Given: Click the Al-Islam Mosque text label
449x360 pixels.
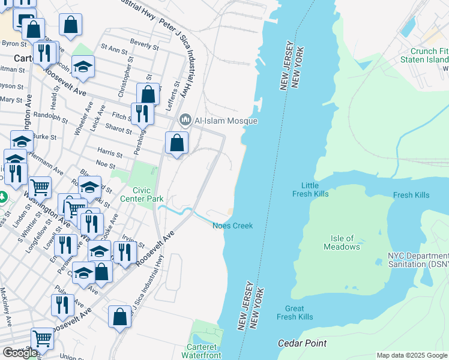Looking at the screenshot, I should coord(225,121).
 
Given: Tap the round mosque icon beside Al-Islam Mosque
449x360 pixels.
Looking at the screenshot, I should coord(185,121).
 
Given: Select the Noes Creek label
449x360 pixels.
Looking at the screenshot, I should coord(232,226).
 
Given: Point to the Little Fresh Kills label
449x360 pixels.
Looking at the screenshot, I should coord(310,190).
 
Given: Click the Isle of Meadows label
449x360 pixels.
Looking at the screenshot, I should coord(342,242).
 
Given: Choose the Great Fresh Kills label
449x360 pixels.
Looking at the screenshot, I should coord(295,312).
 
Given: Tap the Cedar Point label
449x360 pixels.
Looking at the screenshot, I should coord(302,343).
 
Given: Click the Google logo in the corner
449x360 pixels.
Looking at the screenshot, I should coord(20,353).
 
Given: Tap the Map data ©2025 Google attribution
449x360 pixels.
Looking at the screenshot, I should coord(412,355).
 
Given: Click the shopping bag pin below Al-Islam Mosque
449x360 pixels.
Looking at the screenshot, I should coord(177,143).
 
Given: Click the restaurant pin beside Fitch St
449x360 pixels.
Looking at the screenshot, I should coord(142,112).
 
